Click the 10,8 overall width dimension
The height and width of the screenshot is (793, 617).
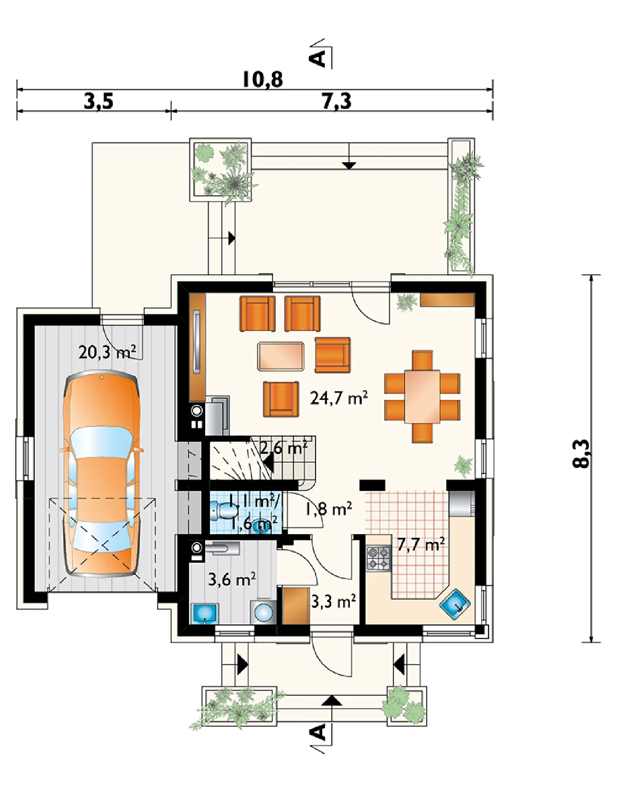tap(262, 79)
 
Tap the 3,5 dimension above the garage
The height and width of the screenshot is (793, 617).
tap(99, 101)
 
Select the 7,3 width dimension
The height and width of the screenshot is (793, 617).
tap(337, 101)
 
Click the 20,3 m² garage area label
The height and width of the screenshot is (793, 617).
tap(107, 352)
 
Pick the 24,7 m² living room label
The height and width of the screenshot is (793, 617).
tap(339, 397)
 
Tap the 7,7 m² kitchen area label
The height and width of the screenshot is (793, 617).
tap(421, 544)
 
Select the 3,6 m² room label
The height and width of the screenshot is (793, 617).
tap(232, 579)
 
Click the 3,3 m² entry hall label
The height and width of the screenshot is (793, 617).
tap(334, 601)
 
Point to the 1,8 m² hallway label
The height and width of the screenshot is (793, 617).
tap(328, 509)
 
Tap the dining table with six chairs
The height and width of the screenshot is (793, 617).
tap(422, 396)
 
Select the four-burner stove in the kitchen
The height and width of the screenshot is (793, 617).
tap(378, 558)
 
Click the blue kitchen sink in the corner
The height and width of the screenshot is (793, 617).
tap(455, 605)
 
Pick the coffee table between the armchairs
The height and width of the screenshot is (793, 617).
tap(281, 356)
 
